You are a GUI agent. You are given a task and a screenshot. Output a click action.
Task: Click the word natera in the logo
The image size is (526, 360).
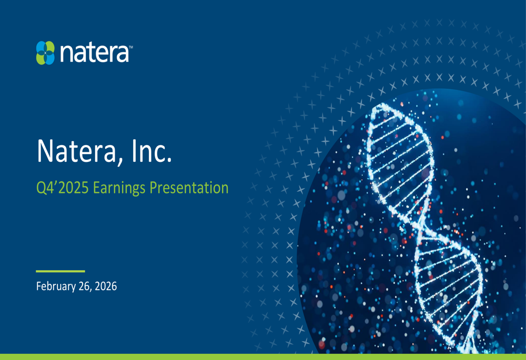(94, 54)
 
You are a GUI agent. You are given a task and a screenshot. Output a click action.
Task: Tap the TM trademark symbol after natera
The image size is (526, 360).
(130, 47)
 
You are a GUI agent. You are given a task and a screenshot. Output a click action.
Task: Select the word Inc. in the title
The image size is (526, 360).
(152, 151)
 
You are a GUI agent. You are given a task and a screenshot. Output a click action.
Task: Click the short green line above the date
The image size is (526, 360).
(60, 271)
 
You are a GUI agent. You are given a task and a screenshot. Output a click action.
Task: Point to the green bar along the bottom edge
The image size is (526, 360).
(263, 357)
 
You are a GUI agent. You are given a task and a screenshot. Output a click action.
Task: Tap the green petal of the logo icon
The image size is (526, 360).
(41, 58)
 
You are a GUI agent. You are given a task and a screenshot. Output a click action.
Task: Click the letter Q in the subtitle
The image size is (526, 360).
(41, 188)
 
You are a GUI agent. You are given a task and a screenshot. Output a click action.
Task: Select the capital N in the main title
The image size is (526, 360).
(45, 151)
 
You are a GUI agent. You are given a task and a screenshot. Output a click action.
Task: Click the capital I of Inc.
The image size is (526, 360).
(138, 151)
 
